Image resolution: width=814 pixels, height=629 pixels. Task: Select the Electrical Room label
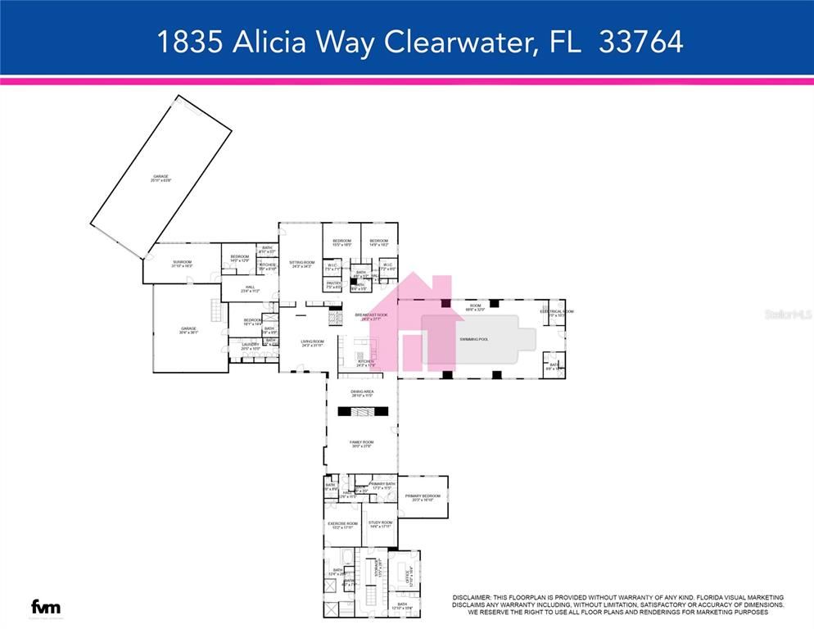(x=557, y=311)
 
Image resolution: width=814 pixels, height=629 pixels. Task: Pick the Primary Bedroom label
(x=423, y=496)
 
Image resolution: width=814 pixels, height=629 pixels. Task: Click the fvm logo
(x=46, y=607)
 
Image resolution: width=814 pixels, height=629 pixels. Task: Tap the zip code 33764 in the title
(x=640, y=42)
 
